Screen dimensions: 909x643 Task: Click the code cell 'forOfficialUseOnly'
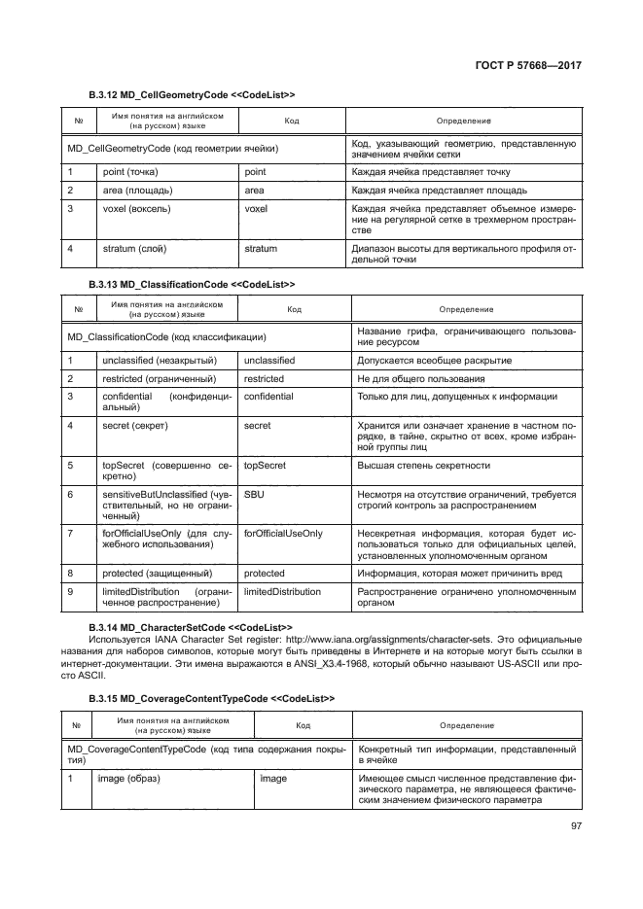tap(283, 534)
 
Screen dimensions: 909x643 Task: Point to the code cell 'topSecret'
tap(265, 465)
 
